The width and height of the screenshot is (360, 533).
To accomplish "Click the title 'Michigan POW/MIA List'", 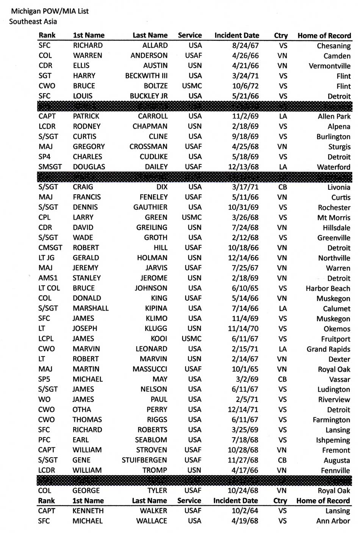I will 50,11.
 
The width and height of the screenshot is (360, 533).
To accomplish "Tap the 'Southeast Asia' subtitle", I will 33,21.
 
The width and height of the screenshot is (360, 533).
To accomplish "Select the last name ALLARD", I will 155,45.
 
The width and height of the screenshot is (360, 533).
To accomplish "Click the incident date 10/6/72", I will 245,86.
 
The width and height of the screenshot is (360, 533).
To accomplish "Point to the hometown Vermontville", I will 329,66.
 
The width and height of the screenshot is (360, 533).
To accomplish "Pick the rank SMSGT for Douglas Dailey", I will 50,167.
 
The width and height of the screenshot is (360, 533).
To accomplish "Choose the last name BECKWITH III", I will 146,76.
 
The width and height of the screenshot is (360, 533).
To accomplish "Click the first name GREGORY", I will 89,147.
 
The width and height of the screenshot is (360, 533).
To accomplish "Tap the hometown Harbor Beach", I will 328,288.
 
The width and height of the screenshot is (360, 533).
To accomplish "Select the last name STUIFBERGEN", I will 144,460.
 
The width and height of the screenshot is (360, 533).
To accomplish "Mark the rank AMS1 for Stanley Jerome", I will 48,278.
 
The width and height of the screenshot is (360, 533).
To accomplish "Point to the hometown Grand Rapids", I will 328,349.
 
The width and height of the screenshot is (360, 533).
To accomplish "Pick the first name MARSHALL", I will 91,308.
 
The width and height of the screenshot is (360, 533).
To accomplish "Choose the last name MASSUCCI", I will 150,369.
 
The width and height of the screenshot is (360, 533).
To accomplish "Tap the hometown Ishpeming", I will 333,440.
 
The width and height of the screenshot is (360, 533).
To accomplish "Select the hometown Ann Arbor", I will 333,521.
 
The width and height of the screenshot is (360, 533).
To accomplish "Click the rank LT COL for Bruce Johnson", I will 49,288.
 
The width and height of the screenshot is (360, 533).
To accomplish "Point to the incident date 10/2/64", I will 245,511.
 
